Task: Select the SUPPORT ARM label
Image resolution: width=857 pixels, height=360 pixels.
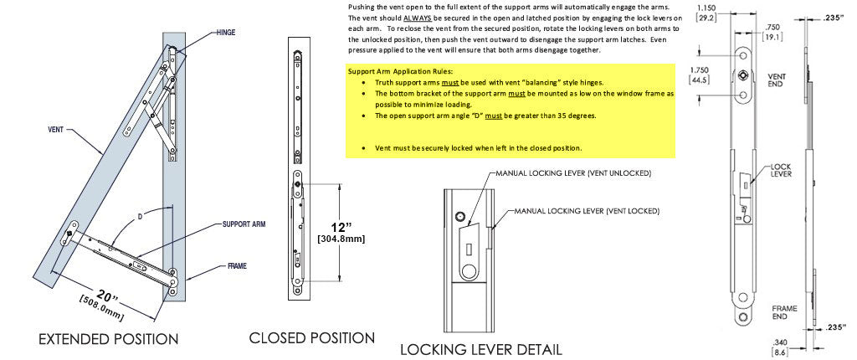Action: point(244,225)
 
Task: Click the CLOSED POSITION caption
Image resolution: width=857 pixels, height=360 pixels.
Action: point(311,337)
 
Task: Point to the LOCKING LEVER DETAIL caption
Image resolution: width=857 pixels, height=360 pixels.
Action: point(480,349)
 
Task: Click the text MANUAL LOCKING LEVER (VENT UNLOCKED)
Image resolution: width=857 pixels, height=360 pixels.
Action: point(573,173)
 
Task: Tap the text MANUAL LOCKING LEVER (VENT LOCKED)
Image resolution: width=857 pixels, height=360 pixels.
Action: point(587,211)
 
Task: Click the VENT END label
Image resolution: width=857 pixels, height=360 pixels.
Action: point(776,80)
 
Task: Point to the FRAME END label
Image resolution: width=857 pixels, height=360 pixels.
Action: point(784,313)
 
